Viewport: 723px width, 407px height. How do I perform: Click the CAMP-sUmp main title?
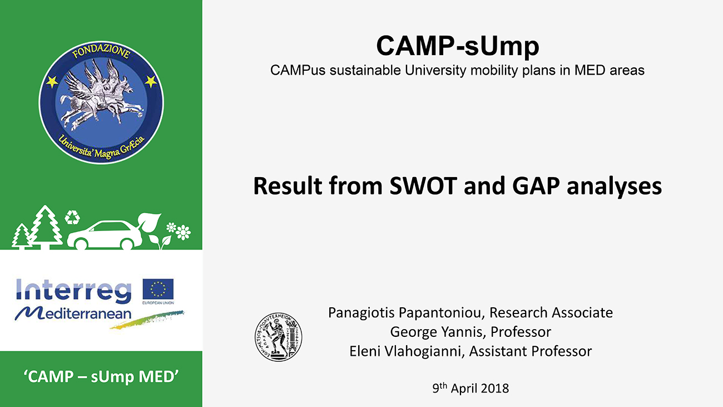click(458, 46)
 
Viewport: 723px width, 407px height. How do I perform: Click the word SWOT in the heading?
click(423, 186)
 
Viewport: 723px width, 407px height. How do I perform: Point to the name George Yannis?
click(438, 332)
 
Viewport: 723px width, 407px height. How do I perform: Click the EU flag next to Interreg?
click(158, 289)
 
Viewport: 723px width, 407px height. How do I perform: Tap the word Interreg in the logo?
click(73, 291)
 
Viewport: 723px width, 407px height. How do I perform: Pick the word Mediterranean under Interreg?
click(73, 313)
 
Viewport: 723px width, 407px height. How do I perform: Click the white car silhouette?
click(105, 234)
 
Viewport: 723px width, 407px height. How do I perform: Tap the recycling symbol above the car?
click(72, 217)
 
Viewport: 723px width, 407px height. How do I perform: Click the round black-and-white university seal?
click(278, 337)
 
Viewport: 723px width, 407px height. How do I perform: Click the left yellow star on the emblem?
click(52, 81)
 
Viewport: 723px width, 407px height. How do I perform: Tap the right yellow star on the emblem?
click(151, 81)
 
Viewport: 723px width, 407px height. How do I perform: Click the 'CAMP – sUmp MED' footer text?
click(101, 376)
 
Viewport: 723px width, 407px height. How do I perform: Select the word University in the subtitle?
click(435, 71)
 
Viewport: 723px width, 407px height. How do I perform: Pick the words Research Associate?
click(551, 313)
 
